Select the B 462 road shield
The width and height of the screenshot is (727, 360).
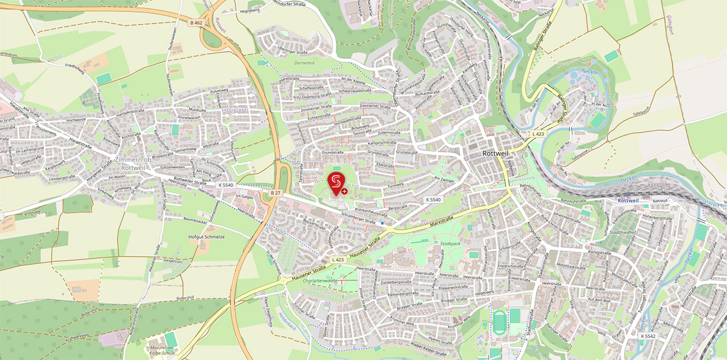195,23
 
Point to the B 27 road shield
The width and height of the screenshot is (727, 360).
276,193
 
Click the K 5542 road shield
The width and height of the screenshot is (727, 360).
648,335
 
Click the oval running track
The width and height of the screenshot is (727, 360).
499,321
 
